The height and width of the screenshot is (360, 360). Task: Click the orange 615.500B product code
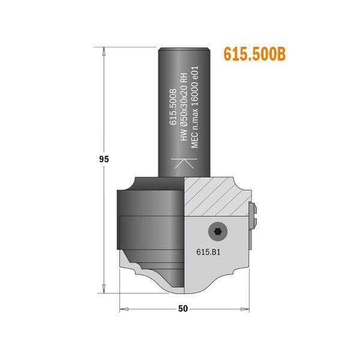[x=254, y=54]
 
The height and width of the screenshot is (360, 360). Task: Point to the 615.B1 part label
[x=208, y=253]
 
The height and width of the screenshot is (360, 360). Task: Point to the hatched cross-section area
[x=213, y=195]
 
